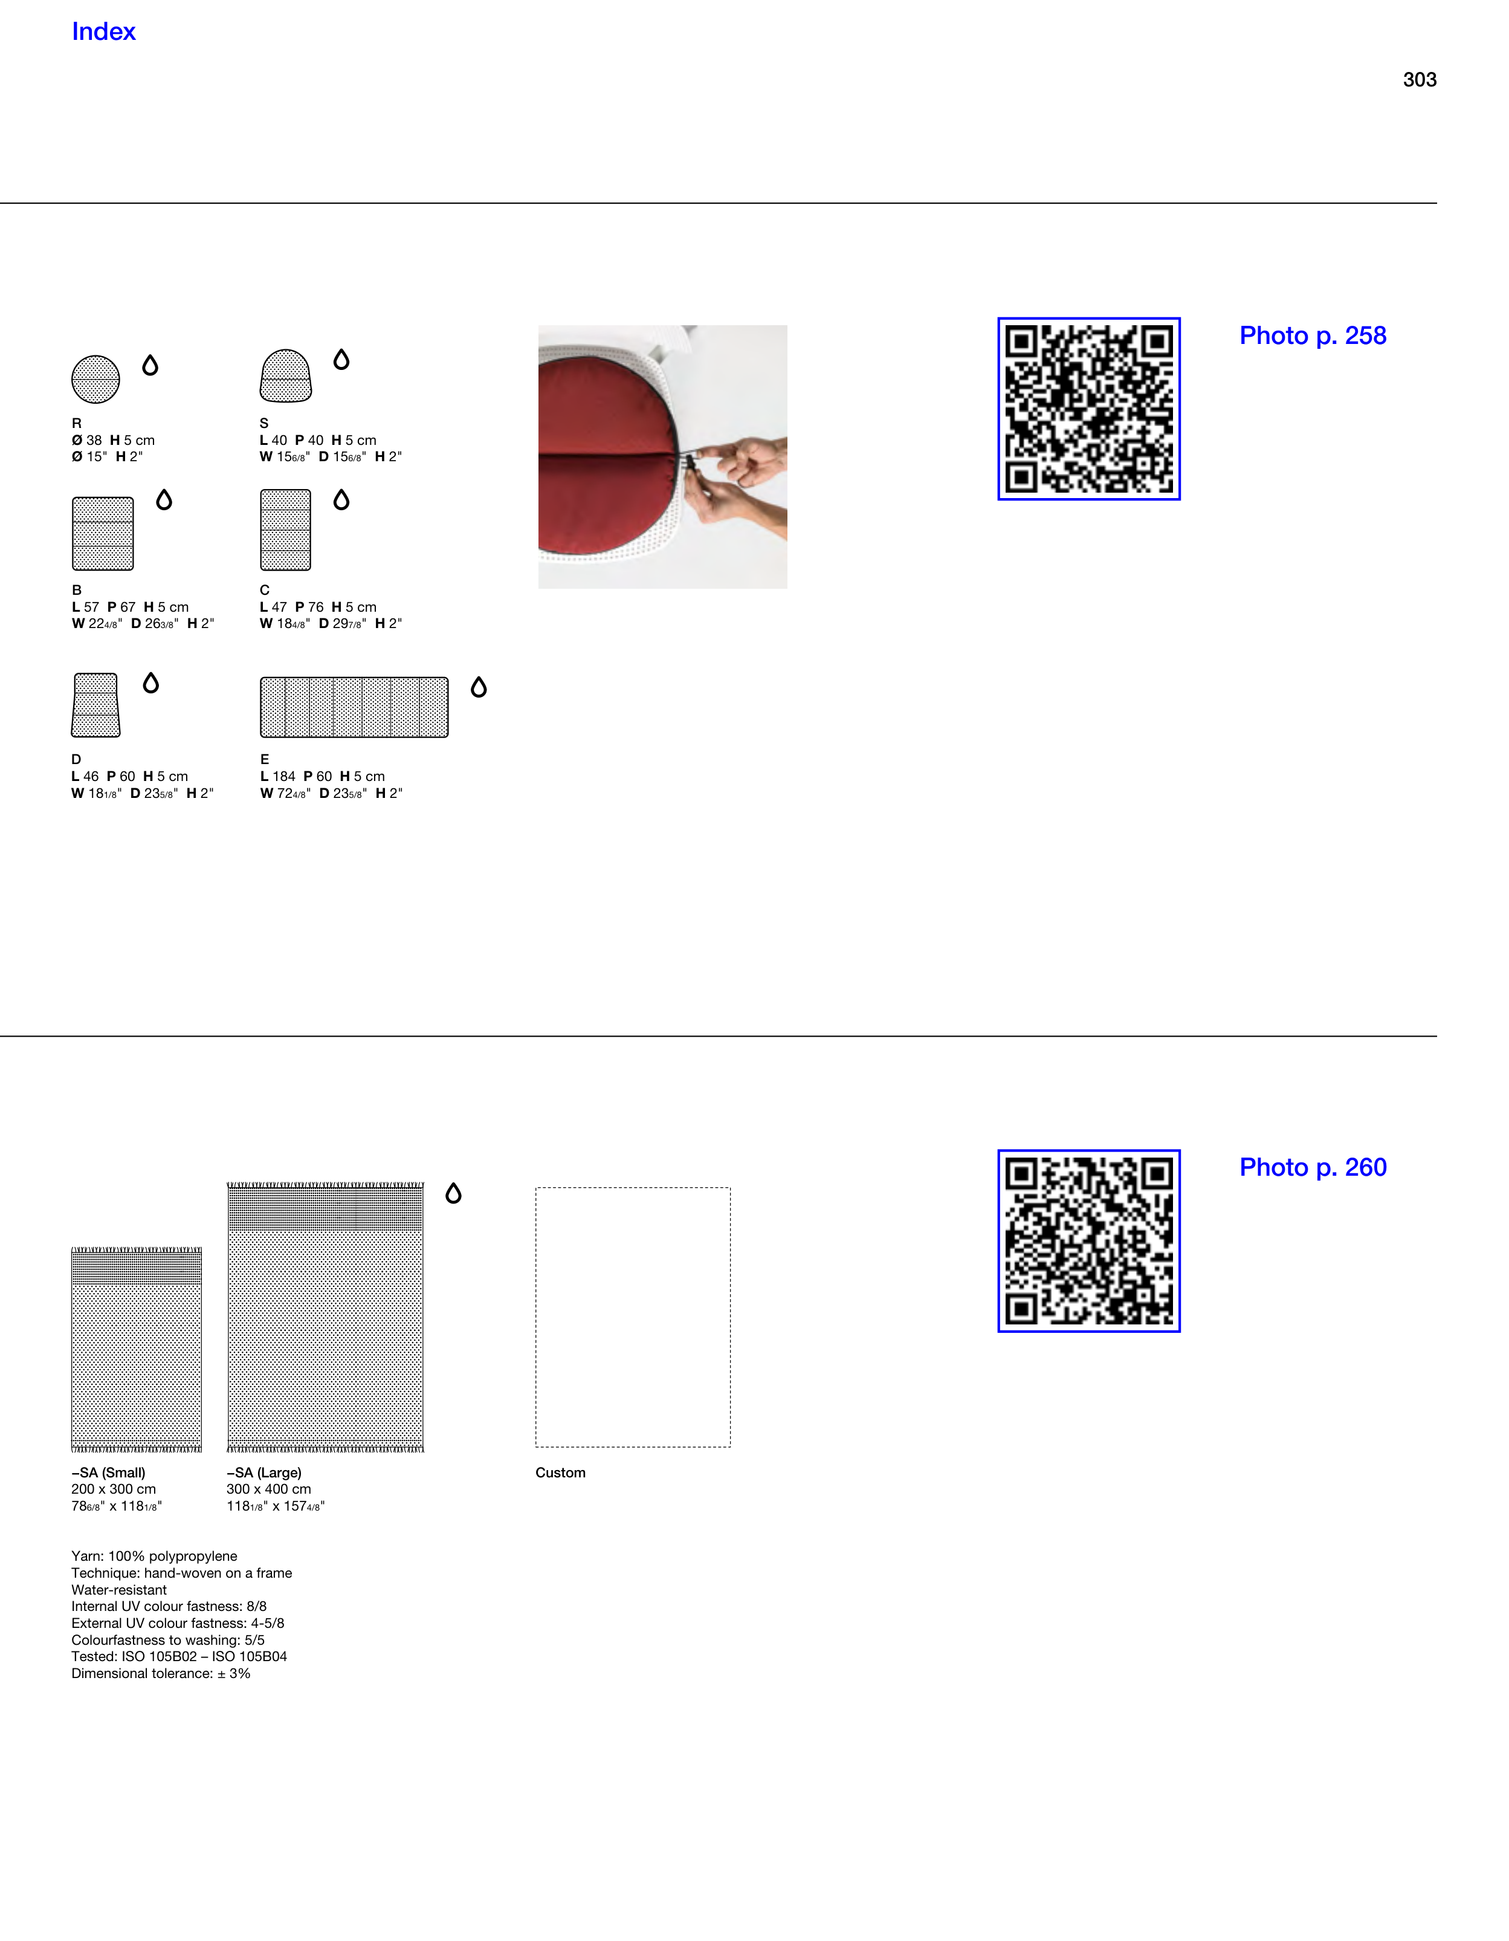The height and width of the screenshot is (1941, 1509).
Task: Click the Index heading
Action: pyautogui.click(x=103, y=32)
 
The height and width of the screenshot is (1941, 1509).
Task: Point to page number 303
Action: pyautogui.click(x=1419, y=80)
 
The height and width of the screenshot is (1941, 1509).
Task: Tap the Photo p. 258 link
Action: pyautogui.click(x=1313, y=336)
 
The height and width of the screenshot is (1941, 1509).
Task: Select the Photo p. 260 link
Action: pyautogui.click(x=1313, y=1168)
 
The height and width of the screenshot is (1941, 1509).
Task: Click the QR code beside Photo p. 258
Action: pyautogui.click(x=1088, y=409)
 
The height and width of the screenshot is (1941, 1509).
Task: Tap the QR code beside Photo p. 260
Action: pyautogui.click(x=1088, y=1240)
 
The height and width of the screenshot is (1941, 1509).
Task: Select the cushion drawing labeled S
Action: pyautogui.click(x=285, y=375)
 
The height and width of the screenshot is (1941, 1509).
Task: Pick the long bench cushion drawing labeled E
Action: pyautogui.click(x=354, y=707)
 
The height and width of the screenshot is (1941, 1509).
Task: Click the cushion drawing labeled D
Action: pyautogui.click(x=96, y=705)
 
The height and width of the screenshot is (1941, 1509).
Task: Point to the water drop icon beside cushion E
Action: pyautogui.click(x=479, y=687)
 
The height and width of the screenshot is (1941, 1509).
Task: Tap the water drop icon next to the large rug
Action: pyautogui.click(x=453, y=1194)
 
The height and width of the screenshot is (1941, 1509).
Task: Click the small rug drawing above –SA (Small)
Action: pyautogui.click(x=137, y=1350)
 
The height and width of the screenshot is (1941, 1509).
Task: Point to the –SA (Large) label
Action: pyautogui.click(x=264, y=1473)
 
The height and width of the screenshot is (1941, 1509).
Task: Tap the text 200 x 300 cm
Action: pyautogui.click(x=114, y=1489)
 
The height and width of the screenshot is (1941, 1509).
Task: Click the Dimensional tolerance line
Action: pyautogui.click(x=161, y=1673)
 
